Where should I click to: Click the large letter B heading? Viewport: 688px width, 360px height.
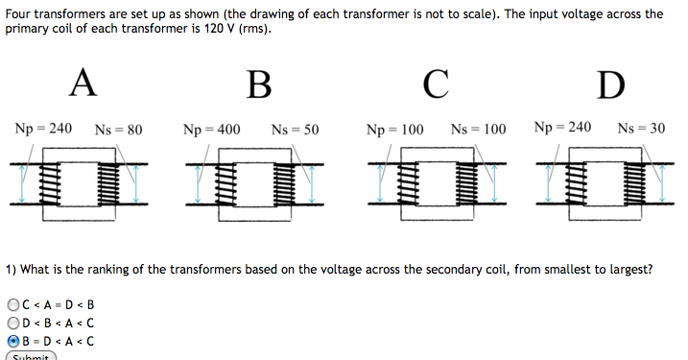click(x=258, y=84)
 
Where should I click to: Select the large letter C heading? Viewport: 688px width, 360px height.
click(x=435, y=84)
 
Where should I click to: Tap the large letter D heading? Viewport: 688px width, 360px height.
click(x=609, y=84)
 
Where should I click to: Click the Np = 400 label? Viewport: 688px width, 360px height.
click(x=211, y=129)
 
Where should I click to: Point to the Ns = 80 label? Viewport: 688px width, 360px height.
click(x=119, y=129)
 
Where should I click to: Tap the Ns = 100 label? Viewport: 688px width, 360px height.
click(x=478, y=129)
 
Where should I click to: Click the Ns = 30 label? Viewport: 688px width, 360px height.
click(x=641, y=128)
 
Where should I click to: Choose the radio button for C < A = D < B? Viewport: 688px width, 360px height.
click(x=12, y=304)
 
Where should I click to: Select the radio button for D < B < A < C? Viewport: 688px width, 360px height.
click(x=12, y=322)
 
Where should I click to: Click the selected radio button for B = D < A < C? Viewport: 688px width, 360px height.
click(x=12, y=340)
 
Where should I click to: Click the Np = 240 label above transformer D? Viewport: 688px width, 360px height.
click(x=562, y=128)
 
